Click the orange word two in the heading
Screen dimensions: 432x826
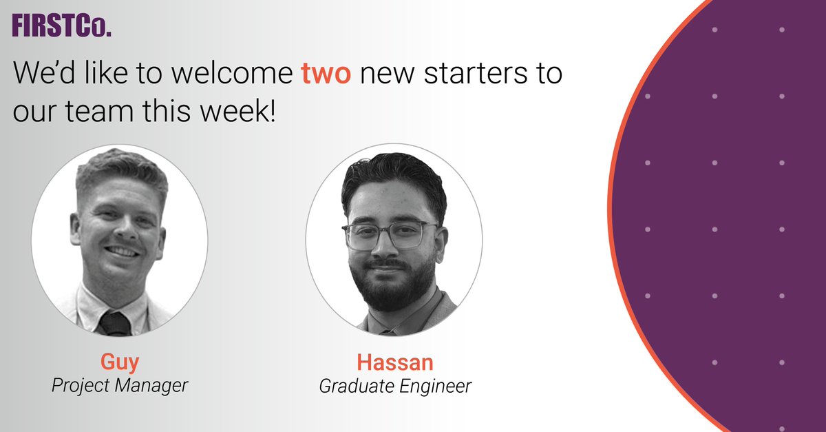(326, 74)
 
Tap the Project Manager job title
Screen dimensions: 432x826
(119, 385)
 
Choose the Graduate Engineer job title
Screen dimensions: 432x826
(395, 386)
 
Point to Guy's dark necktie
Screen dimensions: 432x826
(115, 322)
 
